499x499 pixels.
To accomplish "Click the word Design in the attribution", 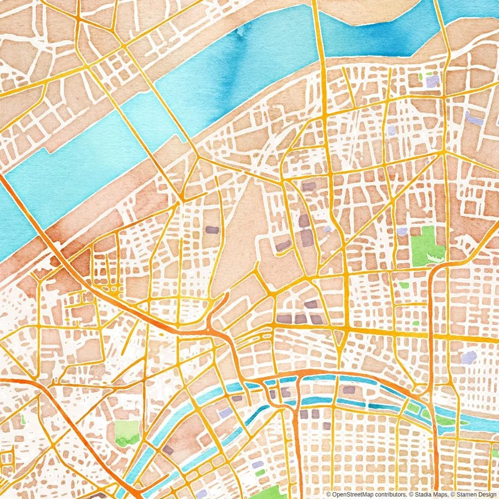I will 486,494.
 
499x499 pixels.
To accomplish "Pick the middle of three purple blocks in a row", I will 300,319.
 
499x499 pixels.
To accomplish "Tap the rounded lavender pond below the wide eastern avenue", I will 469,357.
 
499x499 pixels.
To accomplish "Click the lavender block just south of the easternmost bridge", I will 432,81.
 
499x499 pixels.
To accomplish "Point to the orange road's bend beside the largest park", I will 436,270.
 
